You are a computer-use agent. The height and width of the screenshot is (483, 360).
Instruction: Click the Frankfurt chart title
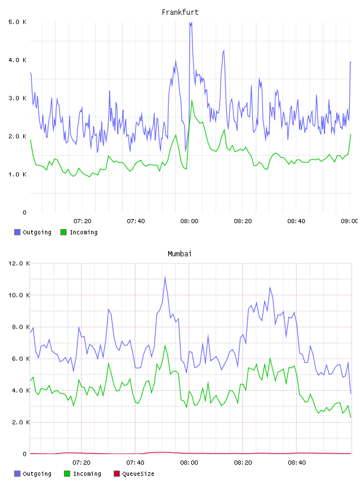point(180,12)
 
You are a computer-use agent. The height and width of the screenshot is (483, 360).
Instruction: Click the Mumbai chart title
point(179,254)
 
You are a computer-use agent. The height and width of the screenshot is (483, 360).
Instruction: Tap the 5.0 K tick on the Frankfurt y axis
point(18,22)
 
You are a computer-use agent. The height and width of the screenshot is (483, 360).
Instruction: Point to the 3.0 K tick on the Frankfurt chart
point(18,98)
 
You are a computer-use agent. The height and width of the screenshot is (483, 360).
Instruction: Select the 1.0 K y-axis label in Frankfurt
point(18,175)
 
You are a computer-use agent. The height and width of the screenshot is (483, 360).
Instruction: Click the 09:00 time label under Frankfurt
point(349,221)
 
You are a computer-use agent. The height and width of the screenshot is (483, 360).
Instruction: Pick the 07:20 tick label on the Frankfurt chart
point(82,221)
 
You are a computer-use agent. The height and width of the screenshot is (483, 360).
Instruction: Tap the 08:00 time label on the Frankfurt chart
point(189,221)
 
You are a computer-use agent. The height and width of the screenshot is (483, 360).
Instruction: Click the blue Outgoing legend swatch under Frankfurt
point(17,232)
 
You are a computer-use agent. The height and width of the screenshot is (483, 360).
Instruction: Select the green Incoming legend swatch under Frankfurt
point(63,232)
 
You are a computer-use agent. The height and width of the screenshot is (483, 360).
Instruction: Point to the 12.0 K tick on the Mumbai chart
point(19,263)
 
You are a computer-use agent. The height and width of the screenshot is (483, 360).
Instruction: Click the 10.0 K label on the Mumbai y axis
point(19,295)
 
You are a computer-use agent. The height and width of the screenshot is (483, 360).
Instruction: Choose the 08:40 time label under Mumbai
point(297,463)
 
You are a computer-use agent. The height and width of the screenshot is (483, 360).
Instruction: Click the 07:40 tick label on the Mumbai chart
point(136,463)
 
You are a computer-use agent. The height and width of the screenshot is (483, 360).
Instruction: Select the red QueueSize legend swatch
point(117,474)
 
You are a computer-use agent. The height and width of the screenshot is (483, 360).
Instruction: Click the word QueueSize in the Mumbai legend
point(138,474)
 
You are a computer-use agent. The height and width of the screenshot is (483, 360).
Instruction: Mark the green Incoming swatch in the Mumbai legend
point(67,474)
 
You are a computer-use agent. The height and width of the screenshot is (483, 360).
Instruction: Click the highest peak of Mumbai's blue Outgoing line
point(165,277)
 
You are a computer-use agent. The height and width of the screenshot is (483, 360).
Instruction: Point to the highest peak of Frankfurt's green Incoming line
point(192,101)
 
